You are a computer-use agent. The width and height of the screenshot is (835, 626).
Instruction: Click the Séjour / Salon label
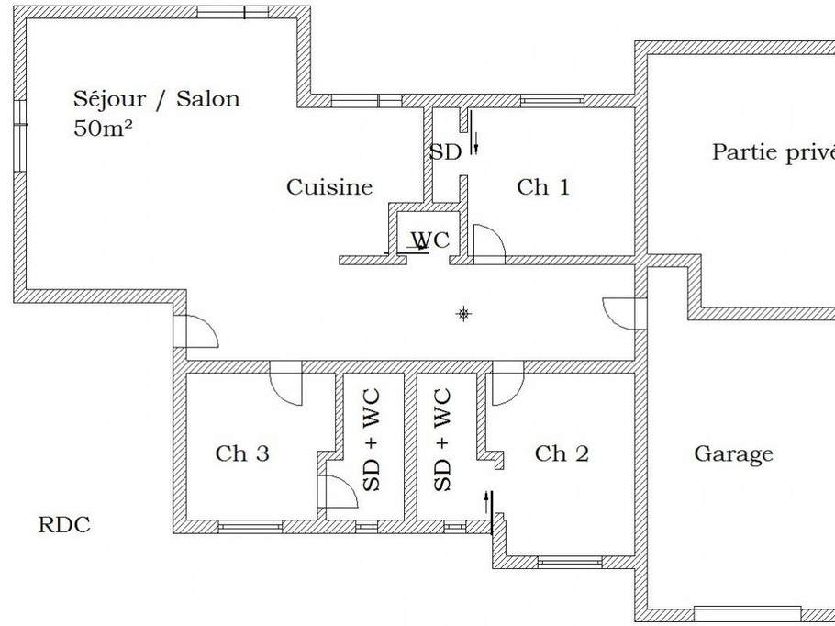click(x=156, y=99)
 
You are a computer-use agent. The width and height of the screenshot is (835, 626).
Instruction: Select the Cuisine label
click(x=329, y=187)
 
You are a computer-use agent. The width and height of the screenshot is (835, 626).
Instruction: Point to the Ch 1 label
click(x=543, y=187)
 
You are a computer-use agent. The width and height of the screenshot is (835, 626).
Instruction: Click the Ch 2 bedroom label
click(x=562, y=453)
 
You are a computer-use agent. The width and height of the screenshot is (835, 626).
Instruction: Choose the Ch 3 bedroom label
click(x=242, y=453)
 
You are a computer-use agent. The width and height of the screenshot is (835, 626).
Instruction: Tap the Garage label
click(x=733, y=453)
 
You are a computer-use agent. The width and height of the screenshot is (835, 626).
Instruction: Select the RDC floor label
click(x=64, y=525)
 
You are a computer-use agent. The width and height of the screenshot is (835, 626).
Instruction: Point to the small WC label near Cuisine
click(x=429, y=240)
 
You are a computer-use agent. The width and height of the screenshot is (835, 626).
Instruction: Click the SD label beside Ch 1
click(x=445, y=152)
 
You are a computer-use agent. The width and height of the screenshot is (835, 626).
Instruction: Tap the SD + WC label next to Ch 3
click(x=372, y=441)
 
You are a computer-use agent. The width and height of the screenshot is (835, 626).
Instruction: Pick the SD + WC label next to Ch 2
click(x=441, y=441)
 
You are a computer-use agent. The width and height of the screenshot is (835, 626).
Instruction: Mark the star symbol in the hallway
click(x=464, y=315)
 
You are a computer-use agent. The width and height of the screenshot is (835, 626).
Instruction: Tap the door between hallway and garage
click(x=618, y=312)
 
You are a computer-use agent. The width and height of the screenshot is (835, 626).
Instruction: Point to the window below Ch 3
click(x=249, y=526)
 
